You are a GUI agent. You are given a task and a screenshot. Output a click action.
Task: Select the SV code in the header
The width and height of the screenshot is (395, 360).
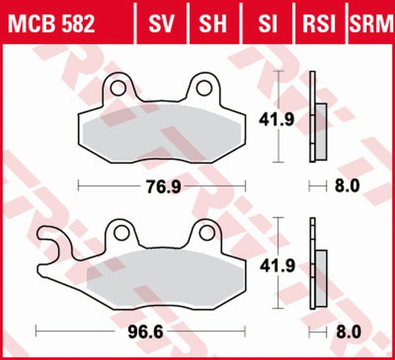[161, 25]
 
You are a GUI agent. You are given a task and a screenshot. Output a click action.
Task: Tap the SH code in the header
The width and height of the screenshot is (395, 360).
[213, 25]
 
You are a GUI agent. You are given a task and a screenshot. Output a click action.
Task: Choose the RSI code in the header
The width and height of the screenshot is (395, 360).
[319, 25]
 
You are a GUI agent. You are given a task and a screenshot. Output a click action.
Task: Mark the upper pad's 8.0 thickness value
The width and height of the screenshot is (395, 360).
[347, 187]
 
